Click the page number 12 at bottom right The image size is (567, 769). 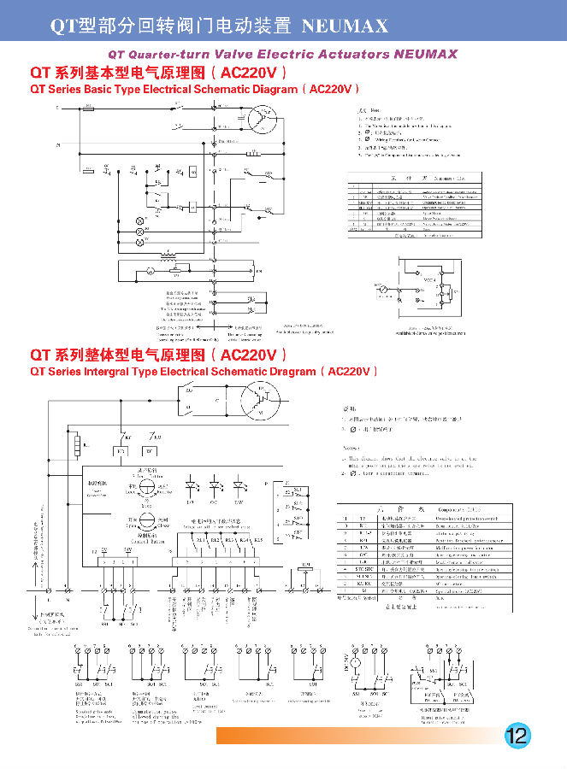pyautogui.click(x=517, y=736)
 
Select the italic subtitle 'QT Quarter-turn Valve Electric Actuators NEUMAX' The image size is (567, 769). pyautogui.click(x=283, y=53)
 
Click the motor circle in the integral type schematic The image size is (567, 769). pyautogui.click(x=261, y=401)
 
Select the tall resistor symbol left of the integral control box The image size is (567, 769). pyautogui.click(x=78, y=446)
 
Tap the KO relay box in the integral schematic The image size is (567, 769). pyautogui.click(x=121, y=450)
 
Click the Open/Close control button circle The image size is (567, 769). pyautogui.click(x=145, y=524)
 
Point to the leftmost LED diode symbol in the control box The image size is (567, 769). pyautogui.click(x=192, y=484)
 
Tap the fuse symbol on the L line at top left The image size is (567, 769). pyautogui.click(x=89, y=109)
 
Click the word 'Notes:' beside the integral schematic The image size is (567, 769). pyautogui.click(x=350, y=449)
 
